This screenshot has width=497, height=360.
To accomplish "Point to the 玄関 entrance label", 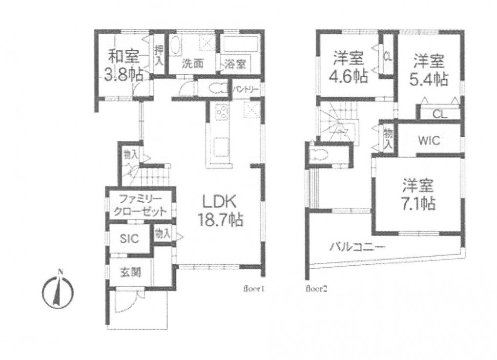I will click(130, 272).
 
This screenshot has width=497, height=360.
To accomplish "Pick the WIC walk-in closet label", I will click(429, 141).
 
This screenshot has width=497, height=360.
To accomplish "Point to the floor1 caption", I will click(254, 289).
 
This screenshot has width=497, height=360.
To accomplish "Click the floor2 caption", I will click(316, 289).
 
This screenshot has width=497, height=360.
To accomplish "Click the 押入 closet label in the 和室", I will click(159, 55).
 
